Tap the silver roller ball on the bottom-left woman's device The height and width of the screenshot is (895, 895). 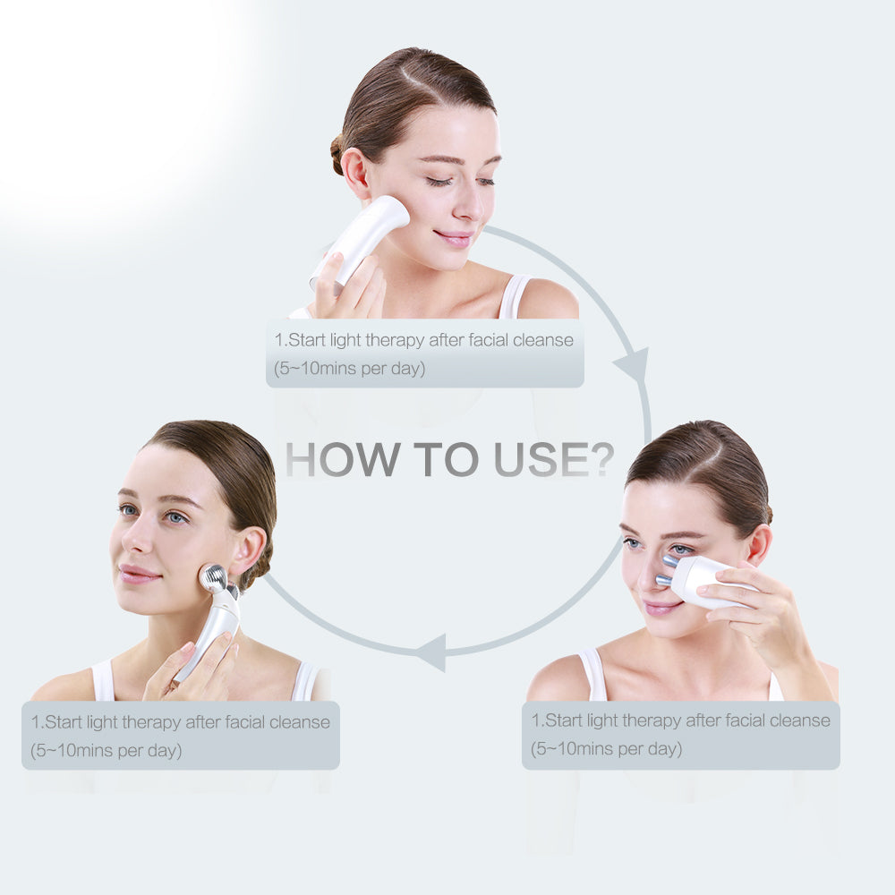[213, 578]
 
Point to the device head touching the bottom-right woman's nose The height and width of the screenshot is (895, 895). [669, 572]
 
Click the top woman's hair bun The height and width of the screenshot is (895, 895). [337, 155]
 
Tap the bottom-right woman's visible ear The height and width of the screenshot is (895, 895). [760, 546]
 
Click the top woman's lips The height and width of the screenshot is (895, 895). [456, 238]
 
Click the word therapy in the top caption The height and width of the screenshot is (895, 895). [394, 340]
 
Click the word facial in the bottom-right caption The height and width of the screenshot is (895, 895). [749, 720]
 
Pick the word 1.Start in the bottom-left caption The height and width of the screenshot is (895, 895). [57, 721]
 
